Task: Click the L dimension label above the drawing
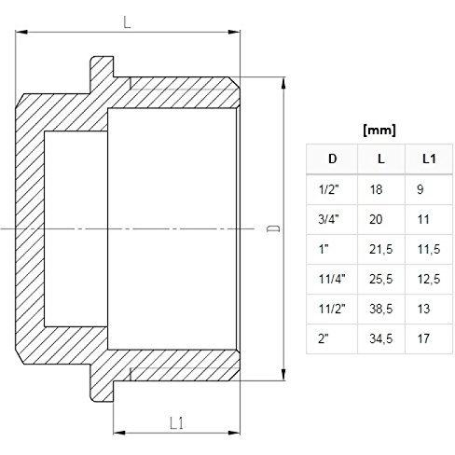click(127, 22)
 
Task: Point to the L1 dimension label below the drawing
click(177, 423)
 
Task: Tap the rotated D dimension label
click(274, 228)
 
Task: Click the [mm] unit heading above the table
click(379, 130)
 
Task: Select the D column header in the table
click(333, 159)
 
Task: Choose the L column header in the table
click(381, 159)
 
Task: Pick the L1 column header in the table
click(429, 159)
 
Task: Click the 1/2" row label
click(328, 189)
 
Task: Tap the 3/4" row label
click(328, 219)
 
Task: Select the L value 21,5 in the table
click(381, 249)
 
